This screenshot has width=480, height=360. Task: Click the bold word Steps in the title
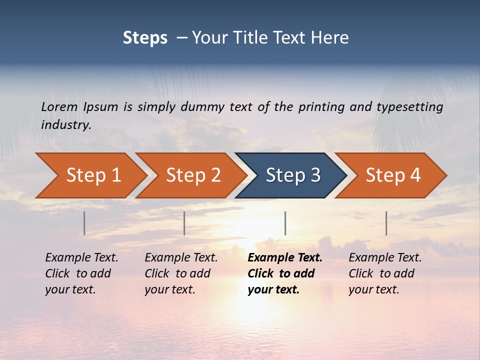[x=145, y=38]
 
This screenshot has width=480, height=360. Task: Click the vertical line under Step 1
[x=84, y=223]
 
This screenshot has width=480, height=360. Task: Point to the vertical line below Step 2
[x=184, y=223]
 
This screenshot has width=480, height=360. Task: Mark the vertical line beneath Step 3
[x=285, y=223]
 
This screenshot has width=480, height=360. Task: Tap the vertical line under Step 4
[x=386, y=223]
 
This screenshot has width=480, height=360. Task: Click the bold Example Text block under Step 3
[x=284, y=273]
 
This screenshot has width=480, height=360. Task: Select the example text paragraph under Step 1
[x=81, y=273]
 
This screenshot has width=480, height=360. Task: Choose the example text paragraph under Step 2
[x=181, y=273]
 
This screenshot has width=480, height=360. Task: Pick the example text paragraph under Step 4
[x=385, y=273]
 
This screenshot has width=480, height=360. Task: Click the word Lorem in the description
[x=59, y=107]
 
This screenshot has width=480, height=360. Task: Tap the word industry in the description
[x=65, y=125]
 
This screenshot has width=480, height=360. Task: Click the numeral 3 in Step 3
[x=315, y=175]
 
